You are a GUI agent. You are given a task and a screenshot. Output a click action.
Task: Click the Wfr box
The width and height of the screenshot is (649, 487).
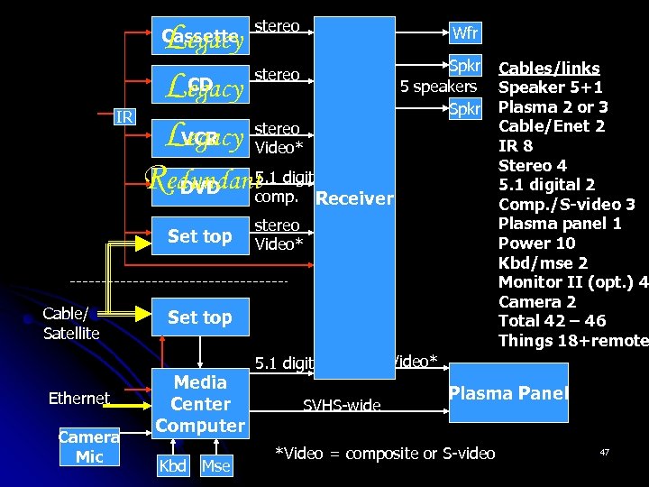point(465,34)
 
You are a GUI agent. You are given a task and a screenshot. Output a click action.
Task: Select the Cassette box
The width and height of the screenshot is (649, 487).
point(200,37)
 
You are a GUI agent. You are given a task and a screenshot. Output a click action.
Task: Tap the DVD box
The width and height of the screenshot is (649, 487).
point(200,188)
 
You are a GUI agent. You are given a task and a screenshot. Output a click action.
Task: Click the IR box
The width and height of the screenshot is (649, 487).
point(123,116)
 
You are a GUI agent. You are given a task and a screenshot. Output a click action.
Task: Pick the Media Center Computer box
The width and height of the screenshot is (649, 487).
point(200,404)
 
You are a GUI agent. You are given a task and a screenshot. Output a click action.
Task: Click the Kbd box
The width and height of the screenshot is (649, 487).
point(173,466)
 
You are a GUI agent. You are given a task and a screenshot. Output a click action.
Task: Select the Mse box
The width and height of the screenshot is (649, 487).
point(215,466)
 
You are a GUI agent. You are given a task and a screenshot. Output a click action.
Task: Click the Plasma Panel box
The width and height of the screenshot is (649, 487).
point(508,393)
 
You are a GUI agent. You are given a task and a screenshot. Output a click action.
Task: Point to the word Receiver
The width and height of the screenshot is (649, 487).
point(355,198)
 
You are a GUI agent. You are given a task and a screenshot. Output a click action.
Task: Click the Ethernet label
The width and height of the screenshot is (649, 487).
point(79,398)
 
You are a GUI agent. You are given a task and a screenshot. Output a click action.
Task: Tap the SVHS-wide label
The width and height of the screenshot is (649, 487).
point(342,406)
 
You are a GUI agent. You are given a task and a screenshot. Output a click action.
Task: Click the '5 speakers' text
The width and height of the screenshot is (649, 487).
point(438,87)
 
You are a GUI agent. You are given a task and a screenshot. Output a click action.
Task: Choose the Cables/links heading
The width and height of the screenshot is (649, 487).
point(549,69)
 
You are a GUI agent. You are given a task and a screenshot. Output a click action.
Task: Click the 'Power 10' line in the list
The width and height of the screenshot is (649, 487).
point(539,243)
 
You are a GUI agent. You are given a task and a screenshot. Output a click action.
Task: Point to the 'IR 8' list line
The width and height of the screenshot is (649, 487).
point(516,146)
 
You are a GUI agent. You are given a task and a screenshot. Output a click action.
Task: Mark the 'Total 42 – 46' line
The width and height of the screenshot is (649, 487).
point(552,321)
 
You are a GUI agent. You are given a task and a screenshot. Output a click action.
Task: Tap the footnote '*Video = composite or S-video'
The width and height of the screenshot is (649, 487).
point(385,453)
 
